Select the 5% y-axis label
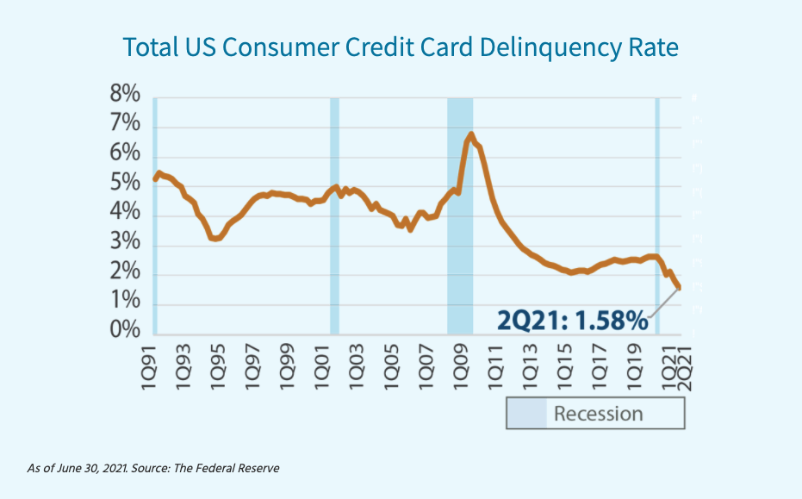click(125, 184)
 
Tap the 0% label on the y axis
click(125, 332)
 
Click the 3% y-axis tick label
click(125, 244)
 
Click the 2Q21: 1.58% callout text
click(572, 321)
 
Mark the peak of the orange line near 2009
click(471, 134)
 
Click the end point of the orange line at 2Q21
click(679, 288)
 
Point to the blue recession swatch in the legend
click(526, 414)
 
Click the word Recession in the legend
click(598, 414)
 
